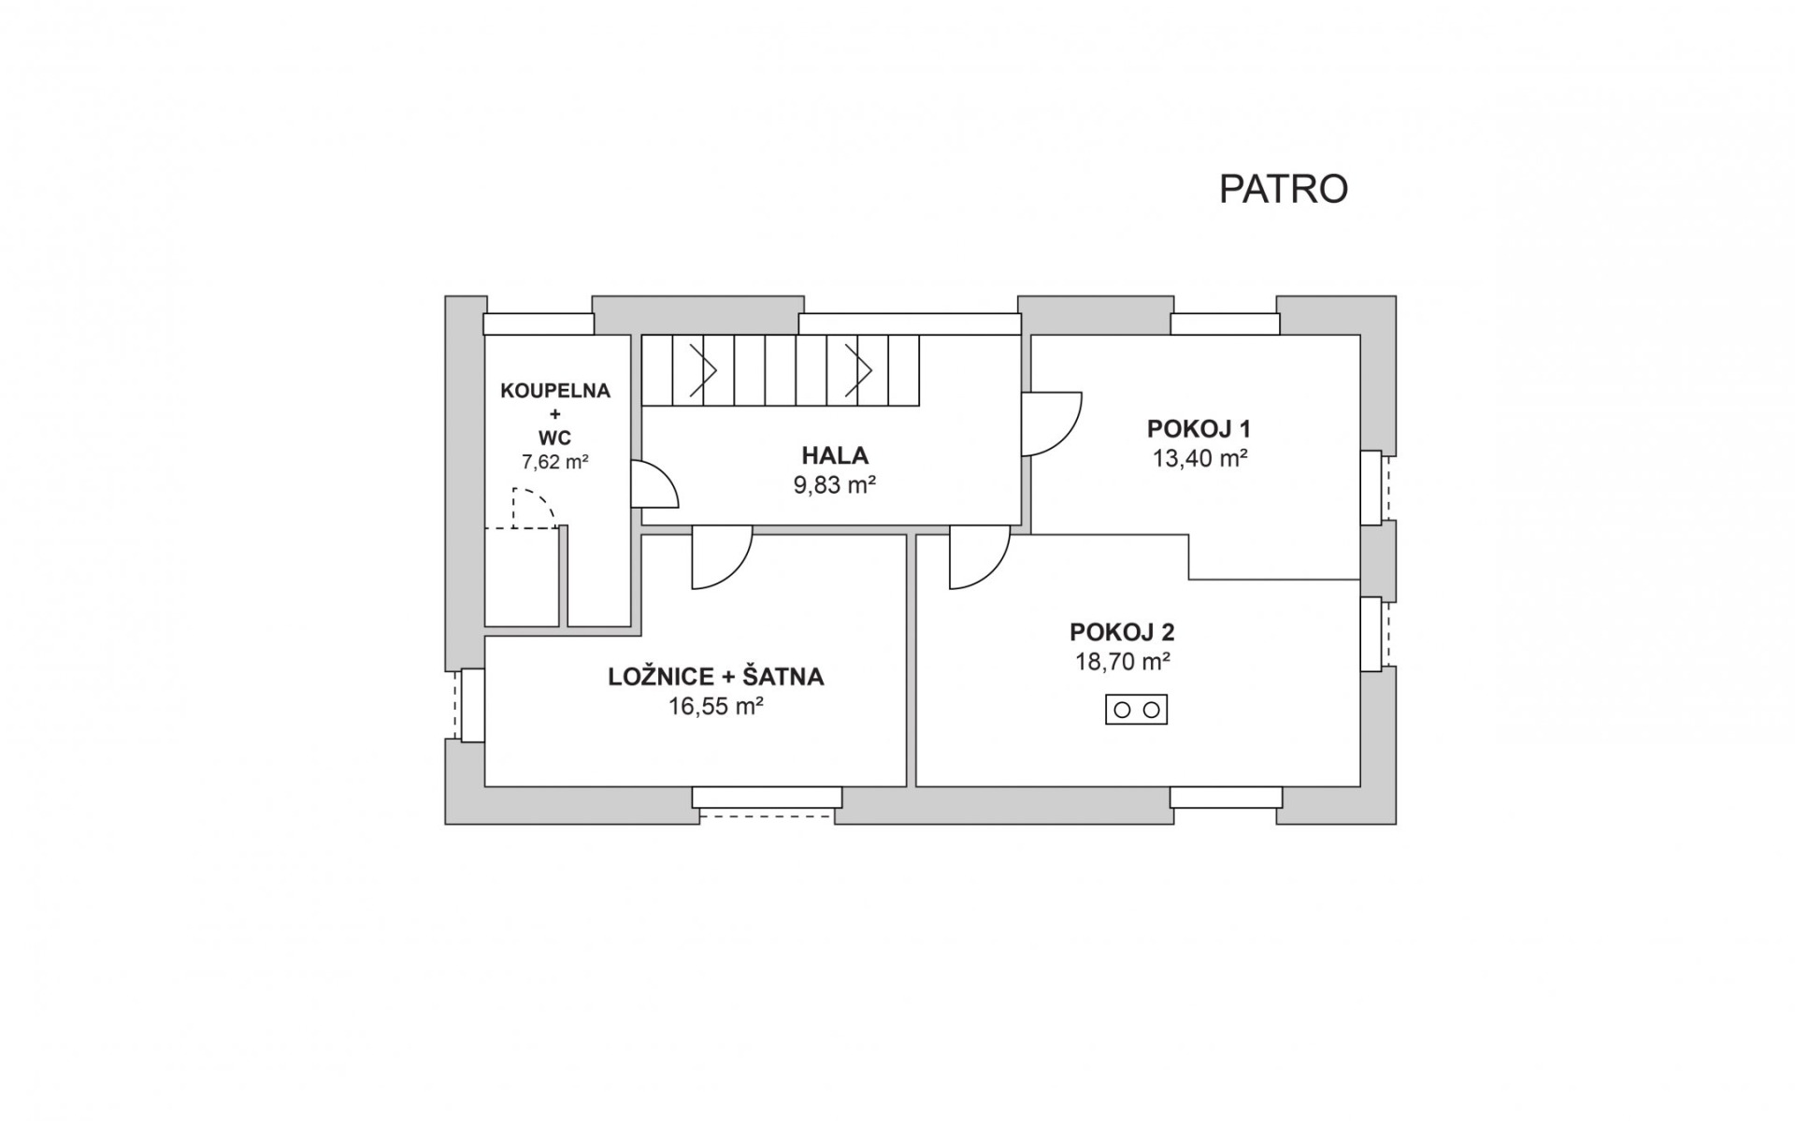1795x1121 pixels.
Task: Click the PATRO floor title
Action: (1283, 189)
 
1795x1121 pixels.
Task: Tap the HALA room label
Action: (835, 455)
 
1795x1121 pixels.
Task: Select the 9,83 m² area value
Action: (835, 485)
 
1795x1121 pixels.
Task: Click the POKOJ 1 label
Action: (1199, 429)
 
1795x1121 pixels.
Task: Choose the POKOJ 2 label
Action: (1122, 632)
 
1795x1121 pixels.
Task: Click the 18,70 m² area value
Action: (1123, 662)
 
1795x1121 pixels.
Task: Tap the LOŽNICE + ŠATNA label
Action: (716, 677)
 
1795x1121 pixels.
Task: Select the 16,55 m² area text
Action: (716, 706)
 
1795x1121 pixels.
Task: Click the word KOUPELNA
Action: (555, 391)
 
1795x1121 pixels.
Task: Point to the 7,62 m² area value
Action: (555, 461)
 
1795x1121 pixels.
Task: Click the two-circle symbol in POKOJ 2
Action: (1137, 710)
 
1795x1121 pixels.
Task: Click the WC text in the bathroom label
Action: (554, 438)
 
